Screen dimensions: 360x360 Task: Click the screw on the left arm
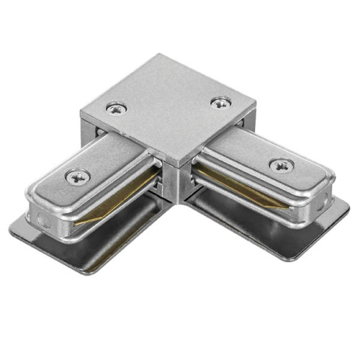pos(77,177)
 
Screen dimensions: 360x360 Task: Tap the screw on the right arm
pos(280,165)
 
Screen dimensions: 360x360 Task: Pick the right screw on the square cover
pos(221,102)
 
